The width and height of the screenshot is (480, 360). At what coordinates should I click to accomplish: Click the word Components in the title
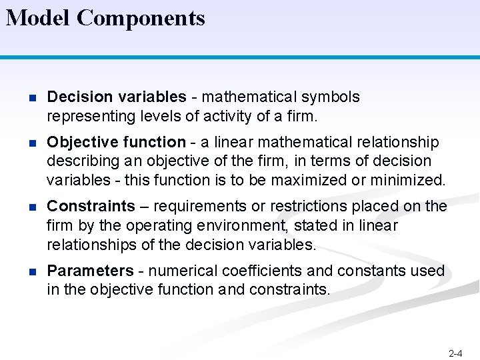[141, 19]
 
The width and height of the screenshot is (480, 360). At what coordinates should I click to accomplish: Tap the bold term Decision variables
[117, 97]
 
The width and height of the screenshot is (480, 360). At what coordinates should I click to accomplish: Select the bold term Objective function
[117, 142]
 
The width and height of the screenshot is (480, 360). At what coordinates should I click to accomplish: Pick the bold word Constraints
[91, 206]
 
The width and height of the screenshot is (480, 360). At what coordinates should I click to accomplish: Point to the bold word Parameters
[91, 271]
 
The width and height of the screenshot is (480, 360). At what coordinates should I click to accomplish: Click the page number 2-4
[456, 353]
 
